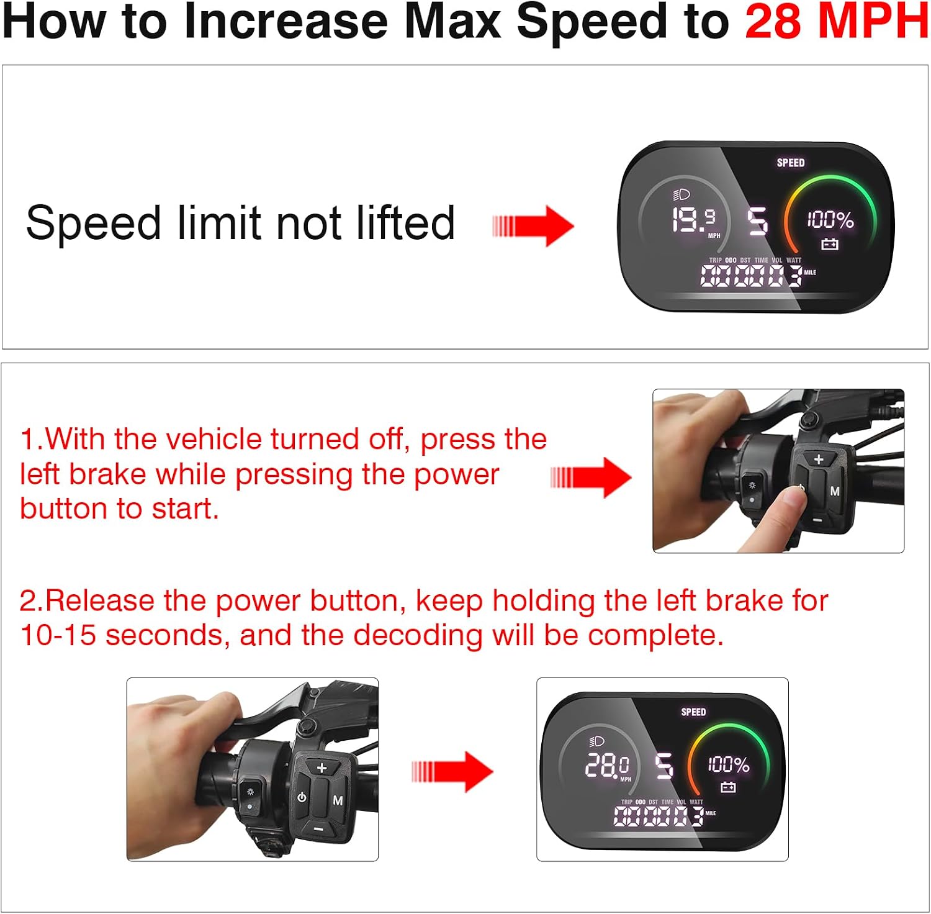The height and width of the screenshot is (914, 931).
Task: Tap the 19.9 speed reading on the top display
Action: coord(694,220)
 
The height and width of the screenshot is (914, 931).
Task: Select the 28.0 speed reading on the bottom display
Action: coord(607,766)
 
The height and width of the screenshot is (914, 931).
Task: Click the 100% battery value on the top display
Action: coord(830,219)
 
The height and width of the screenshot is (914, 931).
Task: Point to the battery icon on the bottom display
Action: coord(728,787)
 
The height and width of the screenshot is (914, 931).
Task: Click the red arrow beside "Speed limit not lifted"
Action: coord(533,225)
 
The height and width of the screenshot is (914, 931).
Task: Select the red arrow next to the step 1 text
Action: coord(591,477)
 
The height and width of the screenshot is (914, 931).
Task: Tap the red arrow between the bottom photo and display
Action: coord(452,772)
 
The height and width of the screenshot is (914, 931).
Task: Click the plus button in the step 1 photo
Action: coord(819,459)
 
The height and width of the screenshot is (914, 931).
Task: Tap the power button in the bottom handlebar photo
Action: coord(302,797)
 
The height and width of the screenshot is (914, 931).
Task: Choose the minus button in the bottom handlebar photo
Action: coord(318,828)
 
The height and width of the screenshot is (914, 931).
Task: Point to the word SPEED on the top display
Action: coord(791,163)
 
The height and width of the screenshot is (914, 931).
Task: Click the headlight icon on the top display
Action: coord(681,195)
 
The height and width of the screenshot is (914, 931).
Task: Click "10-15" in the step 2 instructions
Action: coord(58,635)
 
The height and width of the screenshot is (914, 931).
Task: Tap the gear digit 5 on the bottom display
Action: coord(664,766)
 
